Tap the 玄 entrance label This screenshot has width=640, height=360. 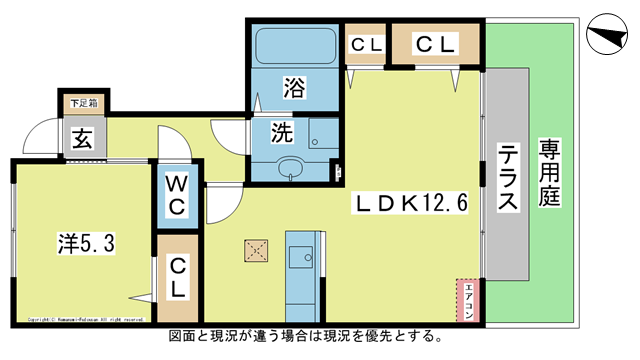[x=79, y=138]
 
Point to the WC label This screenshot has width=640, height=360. [x=179, y=197]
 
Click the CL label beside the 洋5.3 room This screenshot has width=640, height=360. [x=177, y=278]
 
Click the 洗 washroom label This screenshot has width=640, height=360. [x=283, y=131]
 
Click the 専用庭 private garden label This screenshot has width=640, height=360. [x=549, y=172]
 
